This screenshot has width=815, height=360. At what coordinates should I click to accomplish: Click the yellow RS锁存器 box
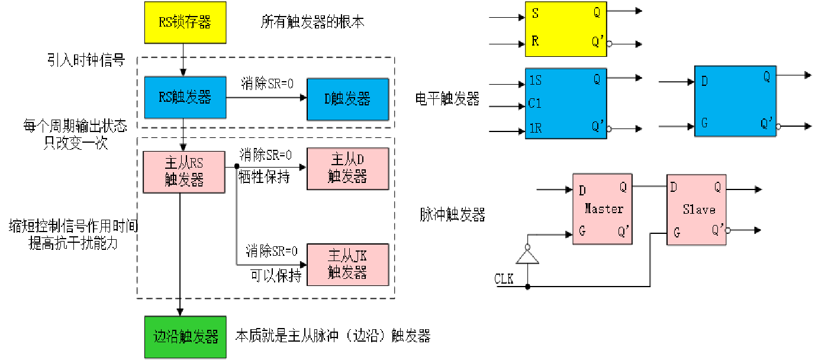(x=185, y=22)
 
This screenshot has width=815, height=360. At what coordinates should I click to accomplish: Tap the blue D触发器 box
(x=347, y=99)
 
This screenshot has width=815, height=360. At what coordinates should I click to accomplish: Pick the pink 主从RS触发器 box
(x=184, y=172)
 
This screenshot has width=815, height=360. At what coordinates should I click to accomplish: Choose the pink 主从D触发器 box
(x=347, y=169)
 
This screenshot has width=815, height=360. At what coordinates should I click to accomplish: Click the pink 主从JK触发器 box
(x=347, y=265)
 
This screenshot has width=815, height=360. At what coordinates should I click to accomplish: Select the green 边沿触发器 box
(x=185, y=337)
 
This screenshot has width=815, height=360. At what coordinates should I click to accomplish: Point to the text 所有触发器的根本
(x=313, y=22)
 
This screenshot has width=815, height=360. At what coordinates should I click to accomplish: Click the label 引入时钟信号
(x=86, y=60)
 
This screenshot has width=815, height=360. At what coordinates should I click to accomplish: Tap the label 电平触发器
(x=447, y=99)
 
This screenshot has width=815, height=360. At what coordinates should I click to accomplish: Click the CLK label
(x=504, y=278)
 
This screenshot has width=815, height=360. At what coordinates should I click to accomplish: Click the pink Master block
(x=603, y=209)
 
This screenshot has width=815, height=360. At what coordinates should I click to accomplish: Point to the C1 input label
(x=535, y=104)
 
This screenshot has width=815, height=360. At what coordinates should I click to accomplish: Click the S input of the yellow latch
(x=535, y=13)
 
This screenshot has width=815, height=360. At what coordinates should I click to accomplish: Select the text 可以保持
(x=276, y=276)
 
